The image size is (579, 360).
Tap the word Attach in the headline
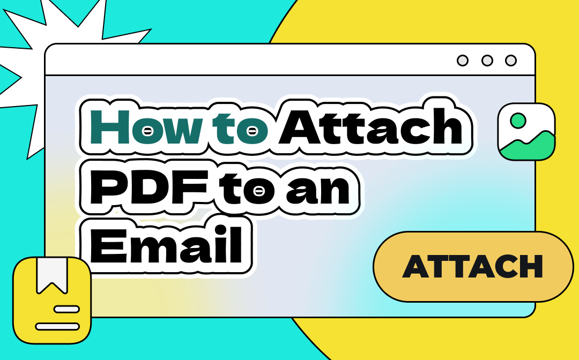pyautogui.click(x=371, y=129)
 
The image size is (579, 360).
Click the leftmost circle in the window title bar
pyautogui.click(x=463, y=61)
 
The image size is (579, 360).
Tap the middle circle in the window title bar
pyautogui.click(x=487, y=61)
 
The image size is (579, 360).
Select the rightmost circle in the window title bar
pyautogui.click(x=511, y=61)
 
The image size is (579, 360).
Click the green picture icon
pyautogui.click(x=526, y=132)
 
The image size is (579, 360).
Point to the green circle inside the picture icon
pyautogui.click(x=518, y=121)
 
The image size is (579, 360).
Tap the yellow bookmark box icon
pyautogui.click(x=52, y=300)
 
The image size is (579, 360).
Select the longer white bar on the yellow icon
pyautogui.click(x=57, y=326)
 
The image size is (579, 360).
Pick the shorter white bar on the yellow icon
pyautogui.click(x=66, y=309)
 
